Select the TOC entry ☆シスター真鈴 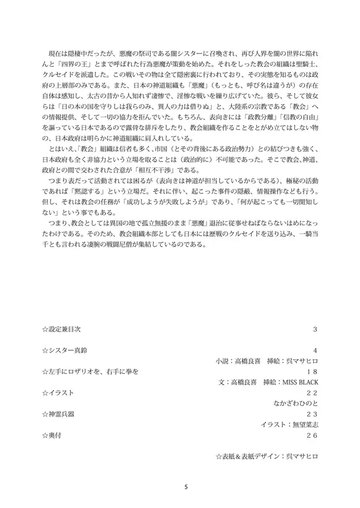pyautogui.click(x=64, y=350)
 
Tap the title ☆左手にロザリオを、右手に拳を pyautogui.click(x=90, y=371)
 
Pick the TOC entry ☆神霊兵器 pyautogui.click(x=57, y=414)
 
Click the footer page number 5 pyautogui.click(x=186, y=487)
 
